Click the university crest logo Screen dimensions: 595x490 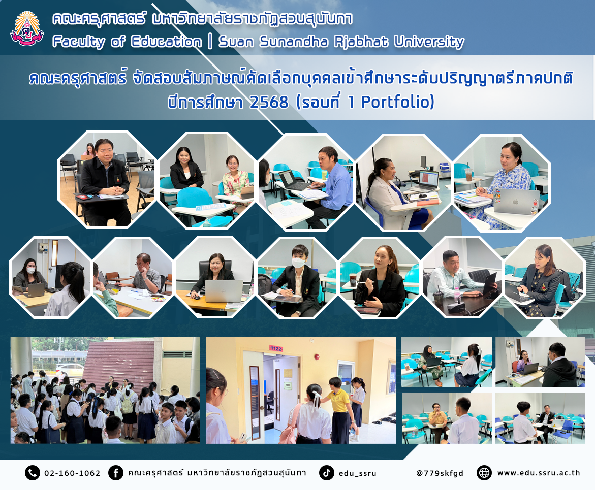click(x=27, y=29)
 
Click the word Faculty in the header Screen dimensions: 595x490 click(x=79, y=42)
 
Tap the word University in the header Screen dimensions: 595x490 click(x=429, y=42)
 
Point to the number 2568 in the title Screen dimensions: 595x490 click(x=269, y=102)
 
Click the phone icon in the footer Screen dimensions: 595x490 click(x=32, y=473)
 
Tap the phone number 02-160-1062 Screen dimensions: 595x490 click(x=72, y=473)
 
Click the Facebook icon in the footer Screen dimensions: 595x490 click(x=116, y=473)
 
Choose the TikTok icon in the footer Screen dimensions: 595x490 click(x=326, y=473)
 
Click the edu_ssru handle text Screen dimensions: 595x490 click(x=357, y=473)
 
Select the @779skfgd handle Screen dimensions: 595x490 click(x=440, y=473)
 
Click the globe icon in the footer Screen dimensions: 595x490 click(x=484, y=473)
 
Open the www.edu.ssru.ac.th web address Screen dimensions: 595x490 click(x=539, y=473)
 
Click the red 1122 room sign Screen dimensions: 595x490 click(x=276, y=348)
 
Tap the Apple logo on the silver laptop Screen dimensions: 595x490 click(x=515, y=202)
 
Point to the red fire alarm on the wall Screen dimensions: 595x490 click(x=317, y=357)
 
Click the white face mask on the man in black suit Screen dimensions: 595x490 click(x=299, y=262)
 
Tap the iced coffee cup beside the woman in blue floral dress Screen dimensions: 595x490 click(x=468, y=174)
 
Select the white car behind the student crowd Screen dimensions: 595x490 click(x=70, y=369)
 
